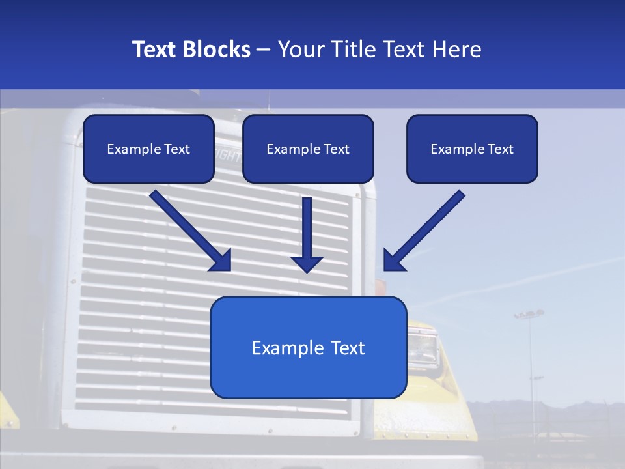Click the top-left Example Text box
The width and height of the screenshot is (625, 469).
click(x=148, y=149)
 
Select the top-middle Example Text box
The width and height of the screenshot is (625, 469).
click(x=308, y=149)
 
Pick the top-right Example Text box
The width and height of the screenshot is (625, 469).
click(x=472, y=149)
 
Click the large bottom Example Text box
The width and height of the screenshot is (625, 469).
click(x=308, y=347)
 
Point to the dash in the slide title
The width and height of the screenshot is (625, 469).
click(x=264, y=50)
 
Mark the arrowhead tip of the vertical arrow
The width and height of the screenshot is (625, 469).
click(x=307, y=272)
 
